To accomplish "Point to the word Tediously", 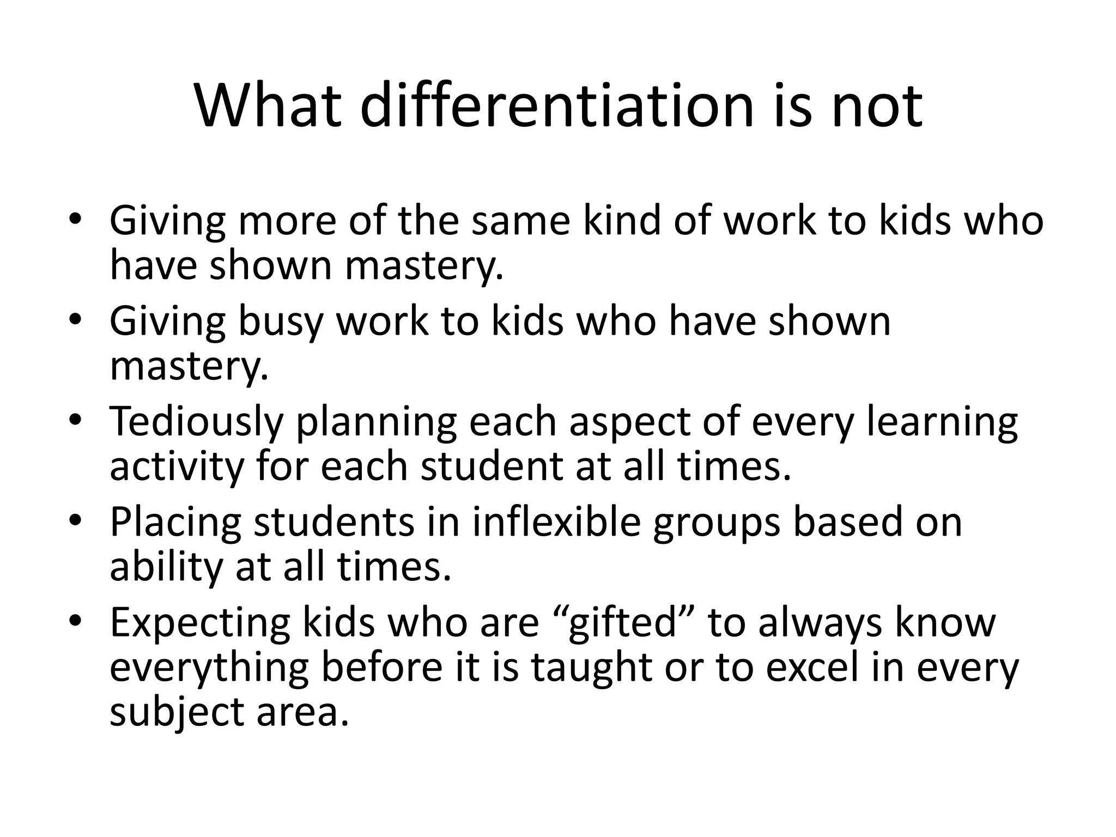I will point(196,423).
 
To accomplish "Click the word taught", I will point(592,668).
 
